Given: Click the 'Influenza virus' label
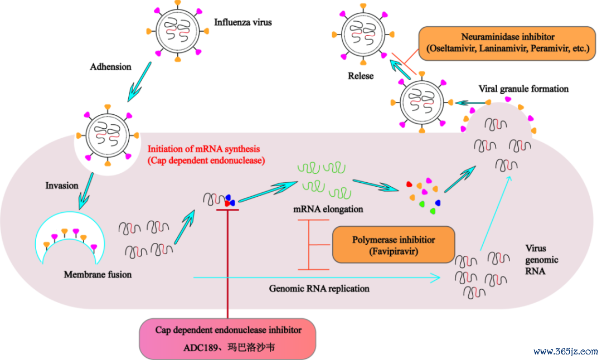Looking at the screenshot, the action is [242, 22].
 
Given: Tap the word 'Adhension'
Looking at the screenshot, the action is [110, 67].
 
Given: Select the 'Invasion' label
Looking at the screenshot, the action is [62, 186].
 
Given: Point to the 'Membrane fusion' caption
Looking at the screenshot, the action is [98, 274].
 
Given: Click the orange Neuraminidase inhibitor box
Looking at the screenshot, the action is [507, 43].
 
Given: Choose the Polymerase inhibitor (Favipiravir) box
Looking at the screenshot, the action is [394, 245].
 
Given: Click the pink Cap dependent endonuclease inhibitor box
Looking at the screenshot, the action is [227, 339].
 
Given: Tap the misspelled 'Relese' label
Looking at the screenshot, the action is [361, 76].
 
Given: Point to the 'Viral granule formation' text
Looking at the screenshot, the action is [523, 89].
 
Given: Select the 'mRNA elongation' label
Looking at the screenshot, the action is [328, 209].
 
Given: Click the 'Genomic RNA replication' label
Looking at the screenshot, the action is [319, 289].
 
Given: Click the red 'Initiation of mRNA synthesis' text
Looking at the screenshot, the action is [203, 149].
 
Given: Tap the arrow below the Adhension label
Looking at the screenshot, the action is [139, 82].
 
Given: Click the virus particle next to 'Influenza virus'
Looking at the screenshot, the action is [177, 31].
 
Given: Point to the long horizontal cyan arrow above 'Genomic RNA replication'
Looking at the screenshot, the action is [317, 277].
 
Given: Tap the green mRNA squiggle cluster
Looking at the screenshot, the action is [324, 179].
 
